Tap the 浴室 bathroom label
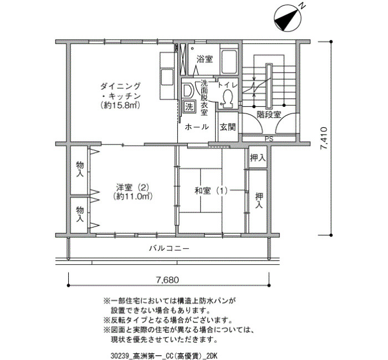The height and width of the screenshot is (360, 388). coord(205,59)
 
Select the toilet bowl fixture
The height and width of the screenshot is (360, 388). coord(227,97)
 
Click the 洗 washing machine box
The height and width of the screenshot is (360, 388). coord(190,106)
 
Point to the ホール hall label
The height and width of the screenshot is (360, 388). coord(197,127)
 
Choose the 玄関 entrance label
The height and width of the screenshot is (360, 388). coord(228,127)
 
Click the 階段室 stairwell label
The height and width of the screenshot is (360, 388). coord(269,115)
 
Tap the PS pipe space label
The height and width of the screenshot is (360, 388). coord(269,139)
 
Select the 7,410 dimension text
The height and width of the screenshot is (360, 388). coord(324,138)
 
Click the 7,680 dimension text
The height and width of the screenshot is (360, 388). coord(167,280)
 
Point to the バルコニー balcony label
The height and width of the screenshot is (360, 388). coord(169,248)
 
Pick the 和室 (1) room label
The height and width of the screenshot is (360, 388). coord(211,191)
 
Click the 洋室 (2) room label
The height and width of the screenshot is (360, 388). coord(132,187)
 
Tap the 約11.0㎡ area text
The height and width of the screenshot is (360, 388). coord(132,197)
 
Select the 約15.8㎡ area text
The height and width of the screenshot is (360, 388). coord(120,105)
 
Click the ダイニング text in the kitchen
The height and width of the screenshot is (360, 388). coord(120,86)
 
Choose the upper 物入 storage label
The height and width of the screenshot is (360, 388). coord(80,169)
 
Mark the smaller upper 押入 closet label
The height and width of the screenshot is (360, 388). coord(258,157)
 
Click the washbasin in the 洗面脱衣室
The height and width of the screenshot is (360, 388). coord(187,90)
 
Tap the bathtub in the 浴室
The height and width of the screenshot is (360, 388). coord(229,61)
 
